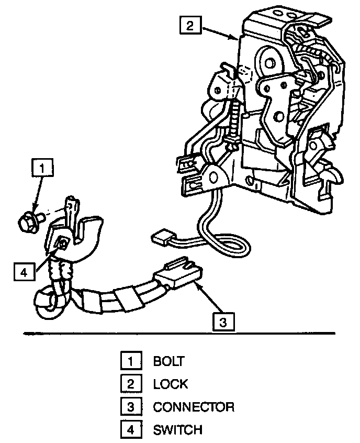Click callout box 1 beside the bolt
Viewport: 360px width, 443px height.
42,169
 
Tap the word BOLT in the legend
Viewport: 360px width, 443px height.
168,361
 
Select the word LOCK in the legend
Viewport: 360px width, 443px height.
170,384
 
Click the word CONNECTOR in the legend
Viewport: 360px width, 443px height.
194,407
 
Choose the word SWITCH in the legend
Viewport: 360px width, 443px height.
177,430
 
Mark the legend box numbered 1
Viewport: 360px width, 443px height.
130,361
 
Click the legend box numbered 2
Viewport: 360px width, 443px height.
130,384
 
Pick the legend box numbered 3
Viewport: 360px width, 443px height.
130,407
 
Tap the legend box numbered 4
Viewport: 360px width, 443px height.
130,430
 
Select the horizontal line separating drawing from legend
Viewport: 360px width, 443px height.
178,333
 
